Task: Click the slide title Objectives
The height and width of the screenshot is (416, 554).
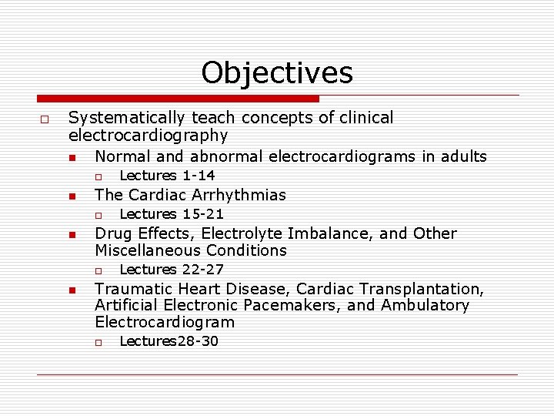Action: click(x=277, y=73)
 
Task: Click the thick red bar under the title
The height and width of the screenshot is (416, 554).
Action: click(x=179, y=99)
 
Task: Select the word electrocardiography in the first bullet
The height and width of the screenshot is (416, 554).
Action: click(x=149, y=136)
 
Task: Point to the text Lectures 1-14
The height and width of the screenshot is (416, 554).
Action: click(x=167, y=176)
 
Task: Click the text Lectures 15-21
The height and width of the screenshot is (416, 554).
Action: click(x=172, y=214)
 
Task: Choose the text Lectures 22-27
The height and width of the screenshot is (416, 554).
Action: click(x=172, y=270)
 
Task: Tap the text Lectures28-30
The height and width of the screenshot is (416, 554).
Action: click(x=169, y=341)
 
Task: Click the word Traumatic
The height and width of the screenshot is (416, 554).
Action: click(x=132, y=289)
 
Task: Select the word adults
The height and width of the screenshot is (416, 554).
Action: click(x=462, y=156)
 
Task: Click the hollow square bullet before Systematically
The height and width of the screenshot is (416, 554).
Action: click(x=45, y=119)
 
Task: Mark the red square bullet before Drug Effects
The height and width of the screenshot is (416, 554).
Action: click(x=71, y=234)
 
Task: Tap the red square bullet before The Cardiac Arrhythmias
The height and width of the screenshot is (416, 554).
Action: click(x=71, y=196)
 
